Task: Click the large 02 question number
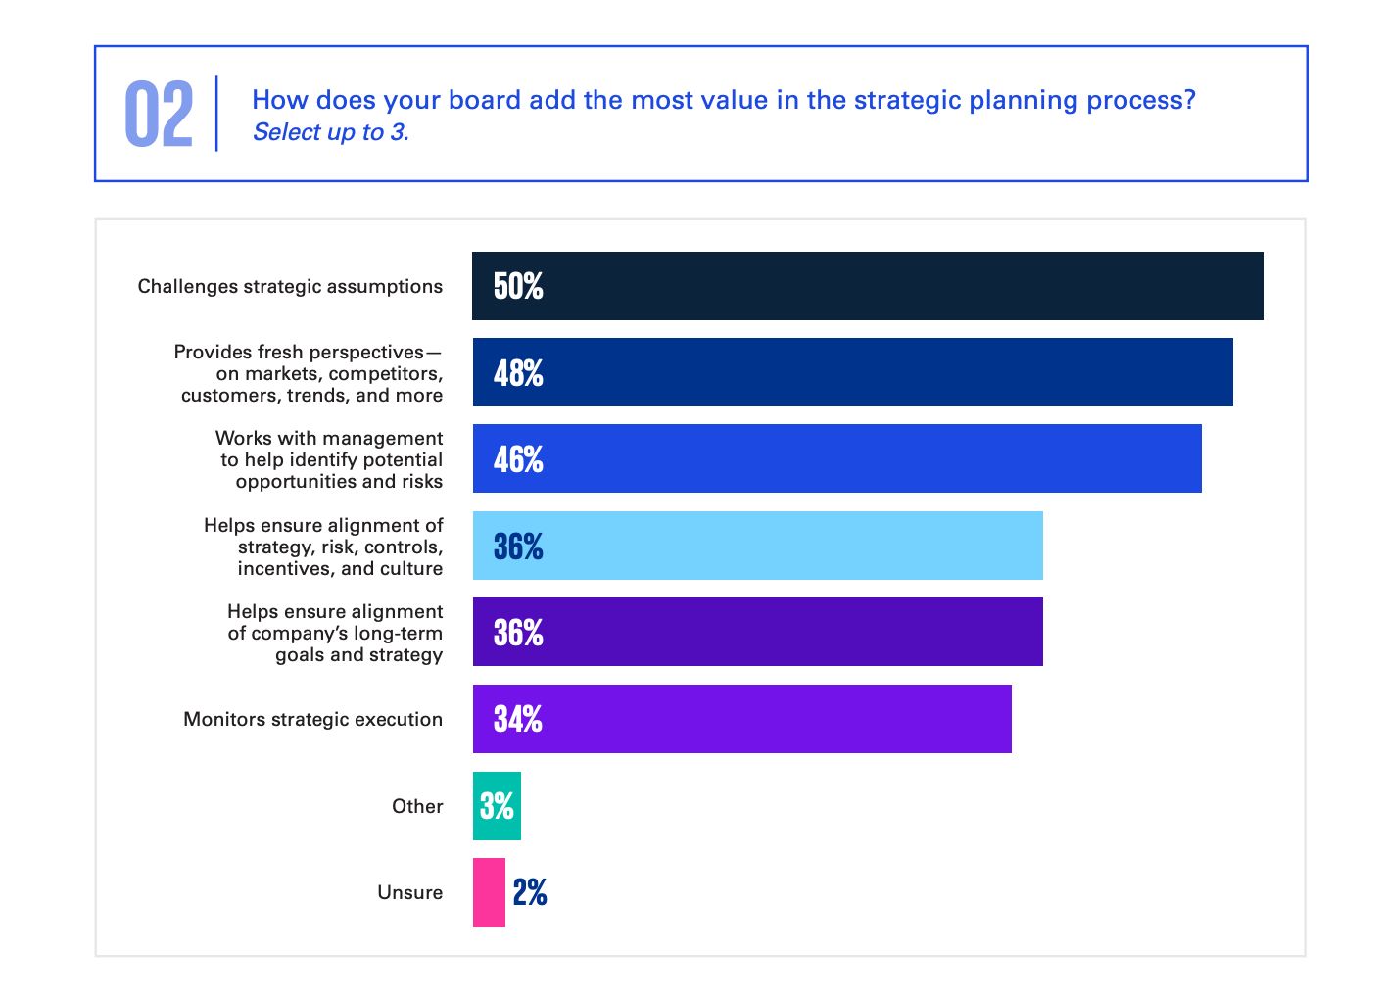[x=159, y=115]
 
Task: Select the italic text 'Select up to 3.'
[x=331, y=132]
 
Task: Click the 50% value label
[x=518, y=286]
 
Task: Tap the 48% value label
[x=518, y=373]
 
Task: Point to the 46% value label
[x=518, y=459]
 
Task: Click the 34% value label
[x=518, y=719]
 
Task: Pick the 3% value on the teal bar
[x=497, y=806]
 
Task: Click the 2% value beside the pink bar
[x=530, y=892]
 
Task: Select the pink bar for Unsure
[x=489, y=892]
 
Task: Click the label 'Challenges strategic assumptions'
[x=290, y=286]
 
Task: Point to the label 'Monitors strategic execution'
[x=312, y=719]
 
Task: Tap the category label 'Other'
[x=417, y=806]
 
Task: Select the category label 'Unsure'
[x=409, y=892]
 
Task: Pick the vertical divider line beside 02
[x=216, y=114]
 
